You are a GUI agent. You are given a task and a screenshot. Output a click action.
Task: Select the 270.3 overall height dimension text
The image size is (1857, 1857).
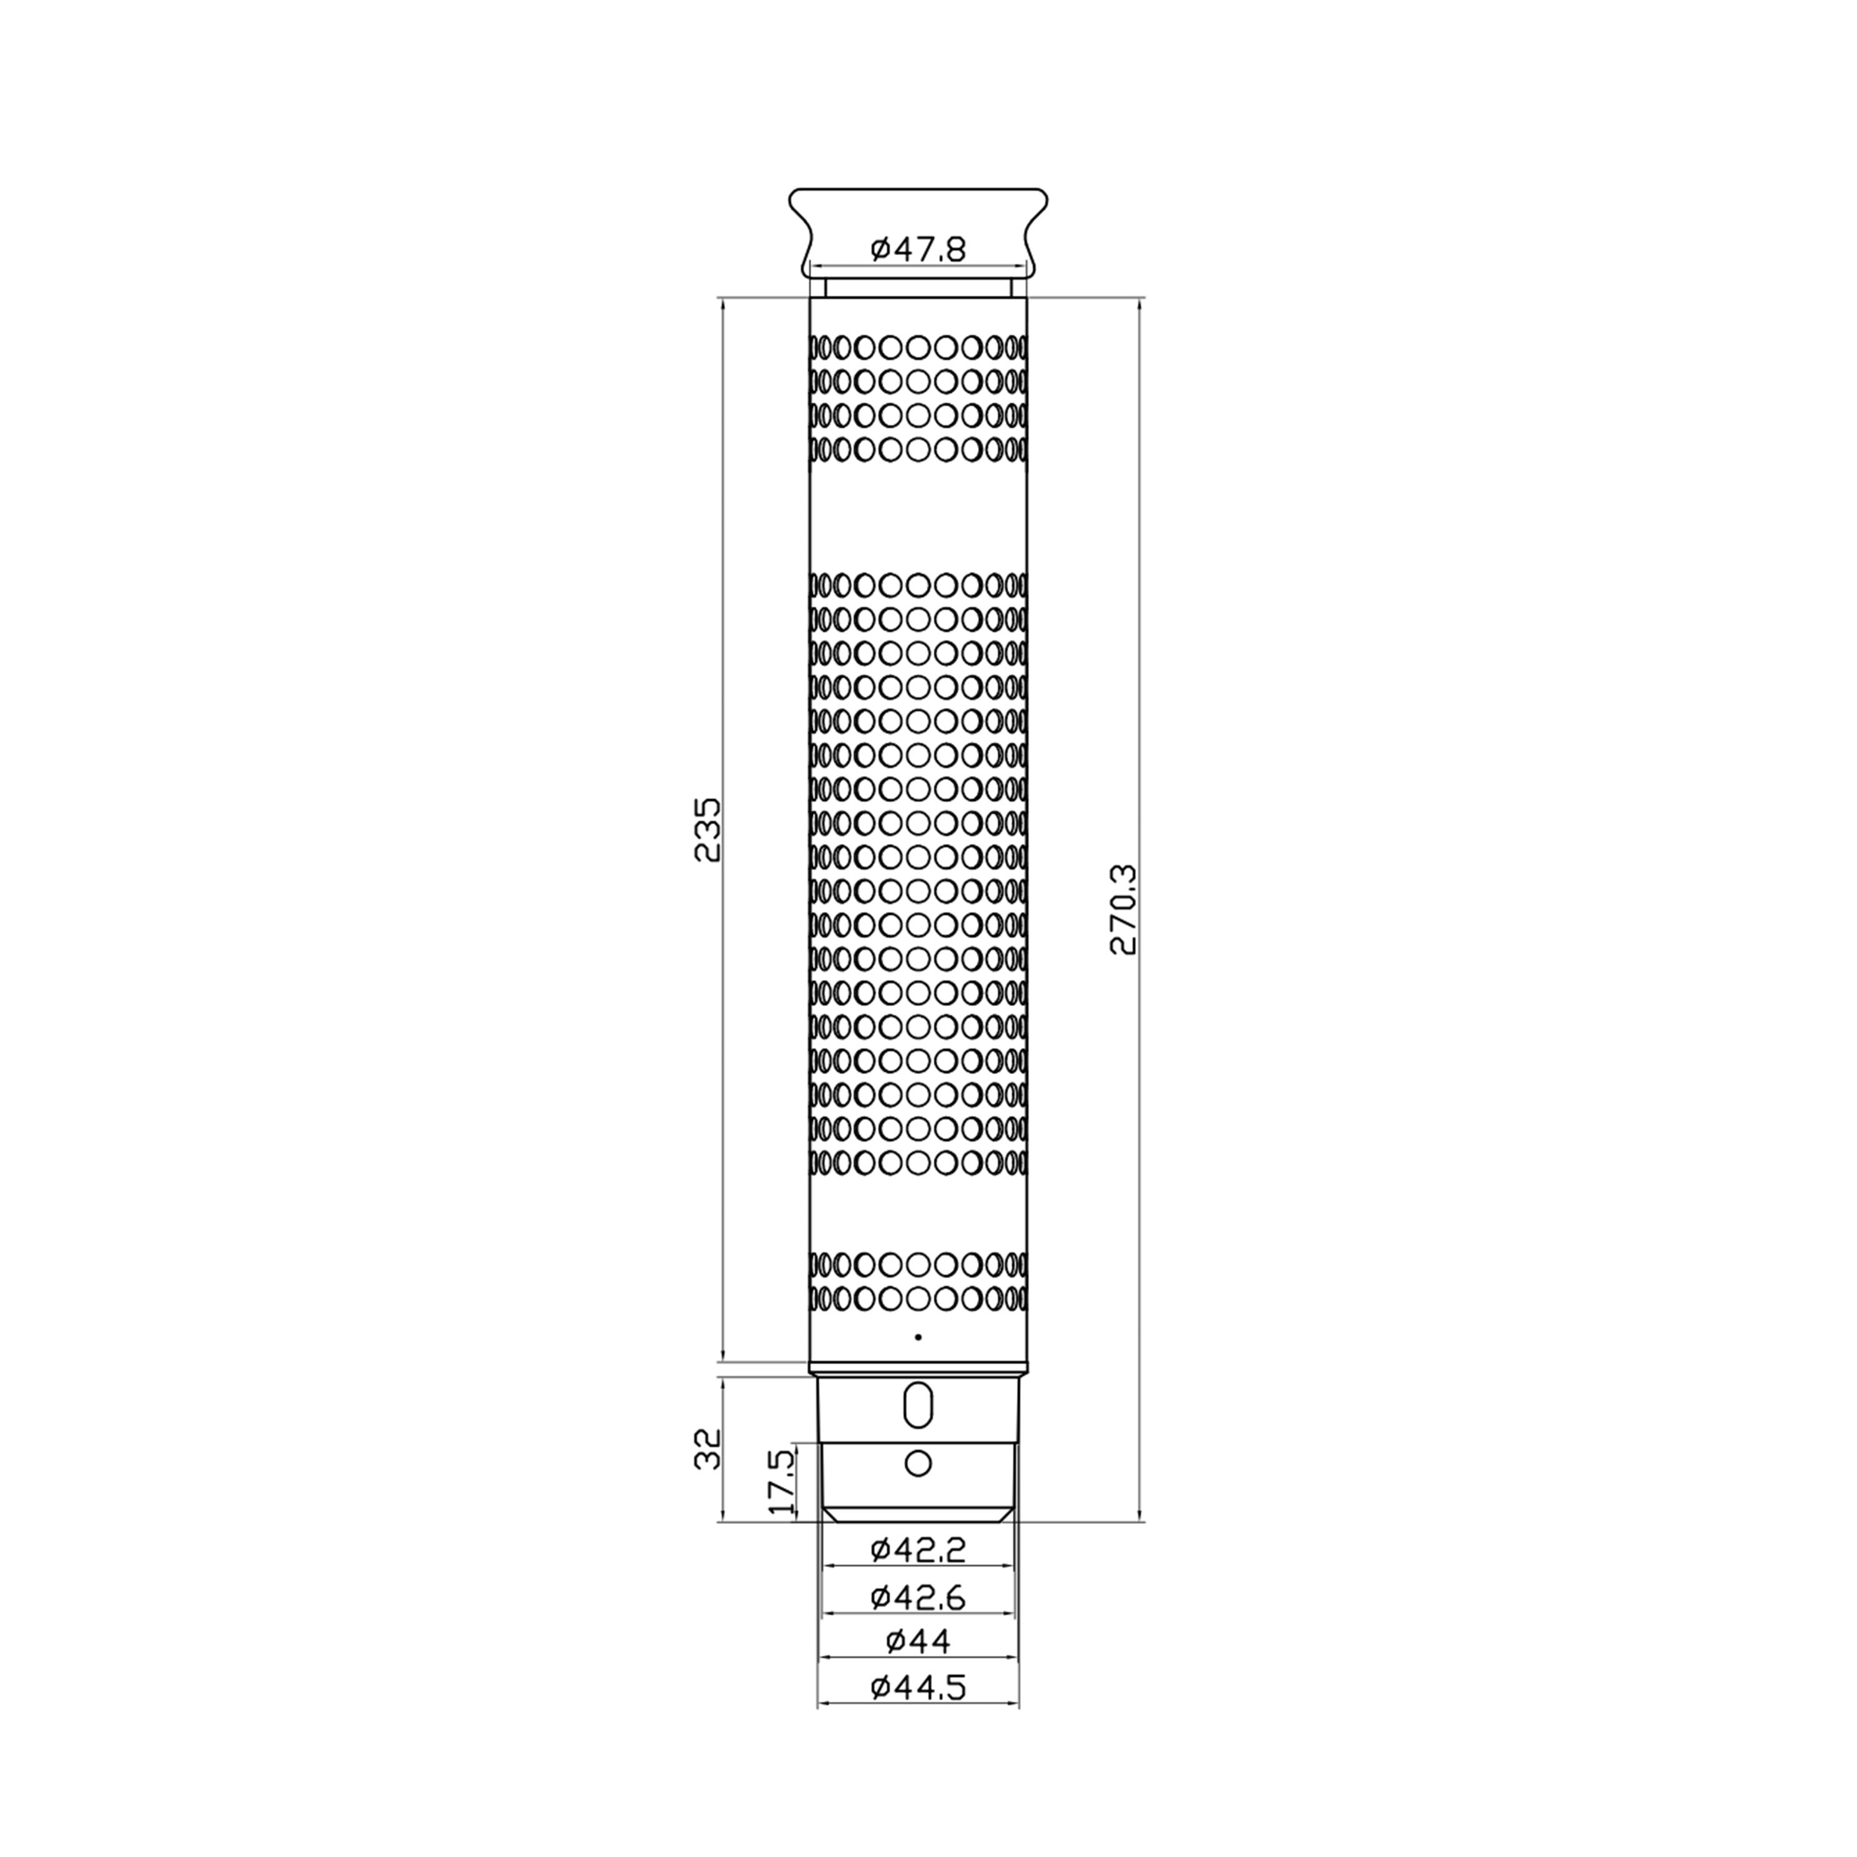1123,909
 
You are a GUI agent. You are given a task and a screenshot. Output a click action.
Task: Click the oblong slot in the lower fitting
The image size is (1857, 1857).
919,1433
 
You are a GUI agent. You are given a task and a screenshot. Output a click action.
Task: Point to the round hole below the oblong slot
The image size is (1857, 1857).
919,1490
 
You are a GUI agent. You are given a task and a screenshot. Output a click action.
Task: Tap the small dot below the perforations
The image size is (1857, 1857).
919,1337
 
